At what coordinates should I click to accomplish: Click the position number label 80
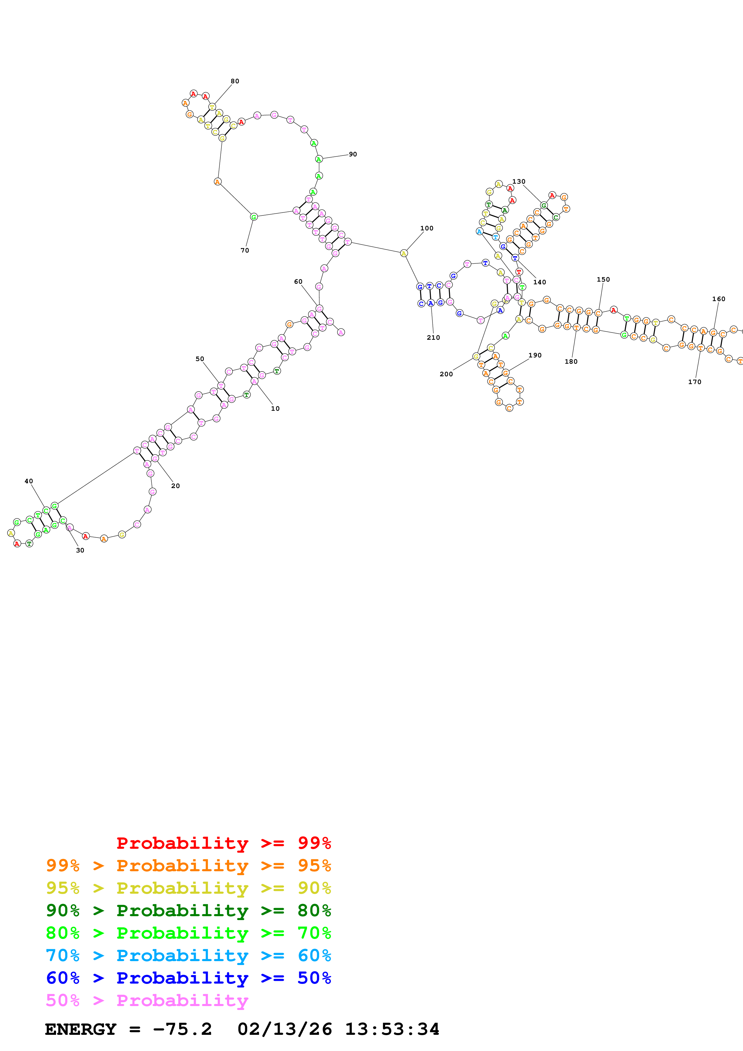point(235,81)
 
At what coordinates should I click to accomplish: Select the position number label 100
point(427,228)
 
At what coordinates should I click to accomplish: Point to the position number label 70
point(245,250)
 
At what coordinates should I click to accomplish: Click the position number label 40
point(29,481)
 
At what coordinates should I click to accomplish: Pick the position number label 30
point(80,550)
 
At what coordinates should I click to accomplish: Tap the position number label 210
point(433,337)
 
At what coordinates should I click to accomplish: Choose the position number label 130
point(519,181)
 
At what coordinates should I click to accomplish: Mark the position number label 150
point(603,279)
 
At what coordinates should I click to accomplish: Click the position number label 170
point(694,382)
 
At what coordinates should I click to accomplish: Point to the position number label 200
point(446,374)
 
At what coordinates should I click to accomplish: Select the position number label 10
point(275,408)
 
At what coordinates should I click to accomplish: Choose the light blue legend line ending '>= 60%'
point(188,955)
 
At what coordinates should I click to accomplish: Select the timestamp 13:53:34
point(392,1029)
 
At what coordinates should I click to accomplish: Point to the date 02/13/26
point(285,1029)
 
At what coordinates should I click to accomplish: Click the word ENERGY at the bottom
point(81,1029)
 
